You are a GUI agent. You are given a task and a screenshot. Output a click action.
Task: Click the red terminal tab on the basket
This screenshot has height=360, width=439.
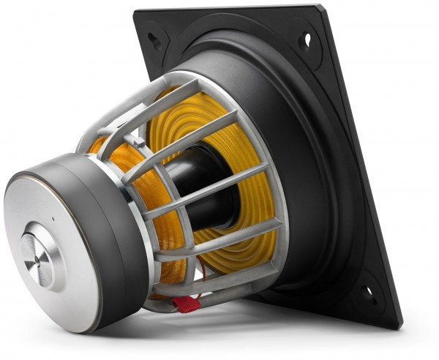point(186,303)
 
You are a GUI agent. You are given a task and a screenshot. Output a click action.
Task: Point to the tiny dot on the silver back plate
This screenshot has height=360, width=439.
point(53,219)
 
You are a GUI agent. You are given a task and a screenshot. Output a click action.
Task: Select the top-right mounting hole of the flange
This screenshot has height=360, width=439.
point(307,39)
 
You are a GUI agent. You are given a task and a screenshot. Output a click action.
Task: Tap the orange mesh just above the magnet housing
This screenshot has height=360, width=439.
point(102,150)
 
